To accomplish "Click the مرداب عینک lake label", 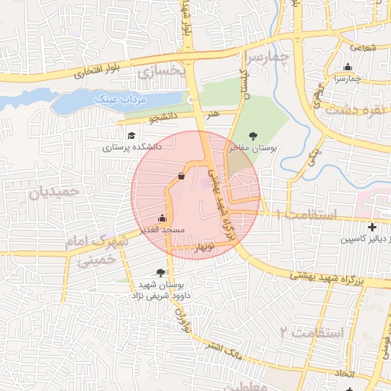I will tap(117, 99).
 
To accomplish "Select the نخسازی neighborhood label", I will tap(162, 72).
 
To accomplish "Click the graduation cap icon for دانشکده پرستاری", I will tap(132, 135).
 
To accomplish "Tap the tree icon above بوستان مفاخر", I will tap(254, 136).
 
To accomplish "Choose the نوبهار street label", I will tap(206, 247).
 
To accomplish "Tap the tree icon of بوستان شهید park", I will tap(160, 272).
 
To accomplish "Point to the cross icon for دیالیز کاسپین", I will tap(372, 227).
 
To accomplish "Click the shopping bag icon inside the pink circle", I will tap(181, 176).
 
